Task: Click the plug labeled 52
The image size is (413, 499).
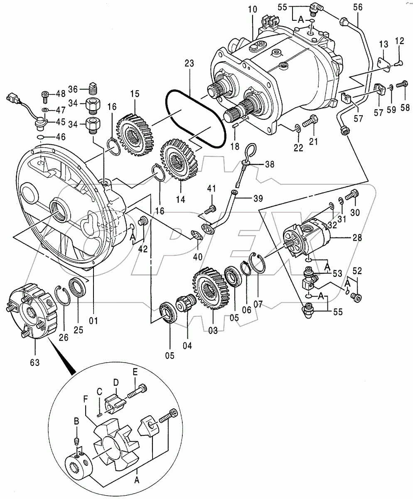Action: [356, 296]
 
